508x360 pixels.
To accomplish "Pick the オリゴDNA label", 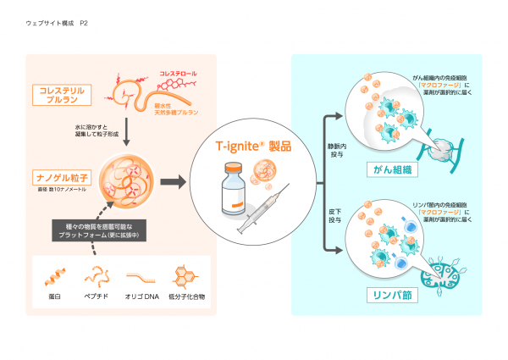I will point(141,298).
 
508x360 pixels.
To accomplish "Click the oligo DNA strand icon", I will point(141,276).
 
